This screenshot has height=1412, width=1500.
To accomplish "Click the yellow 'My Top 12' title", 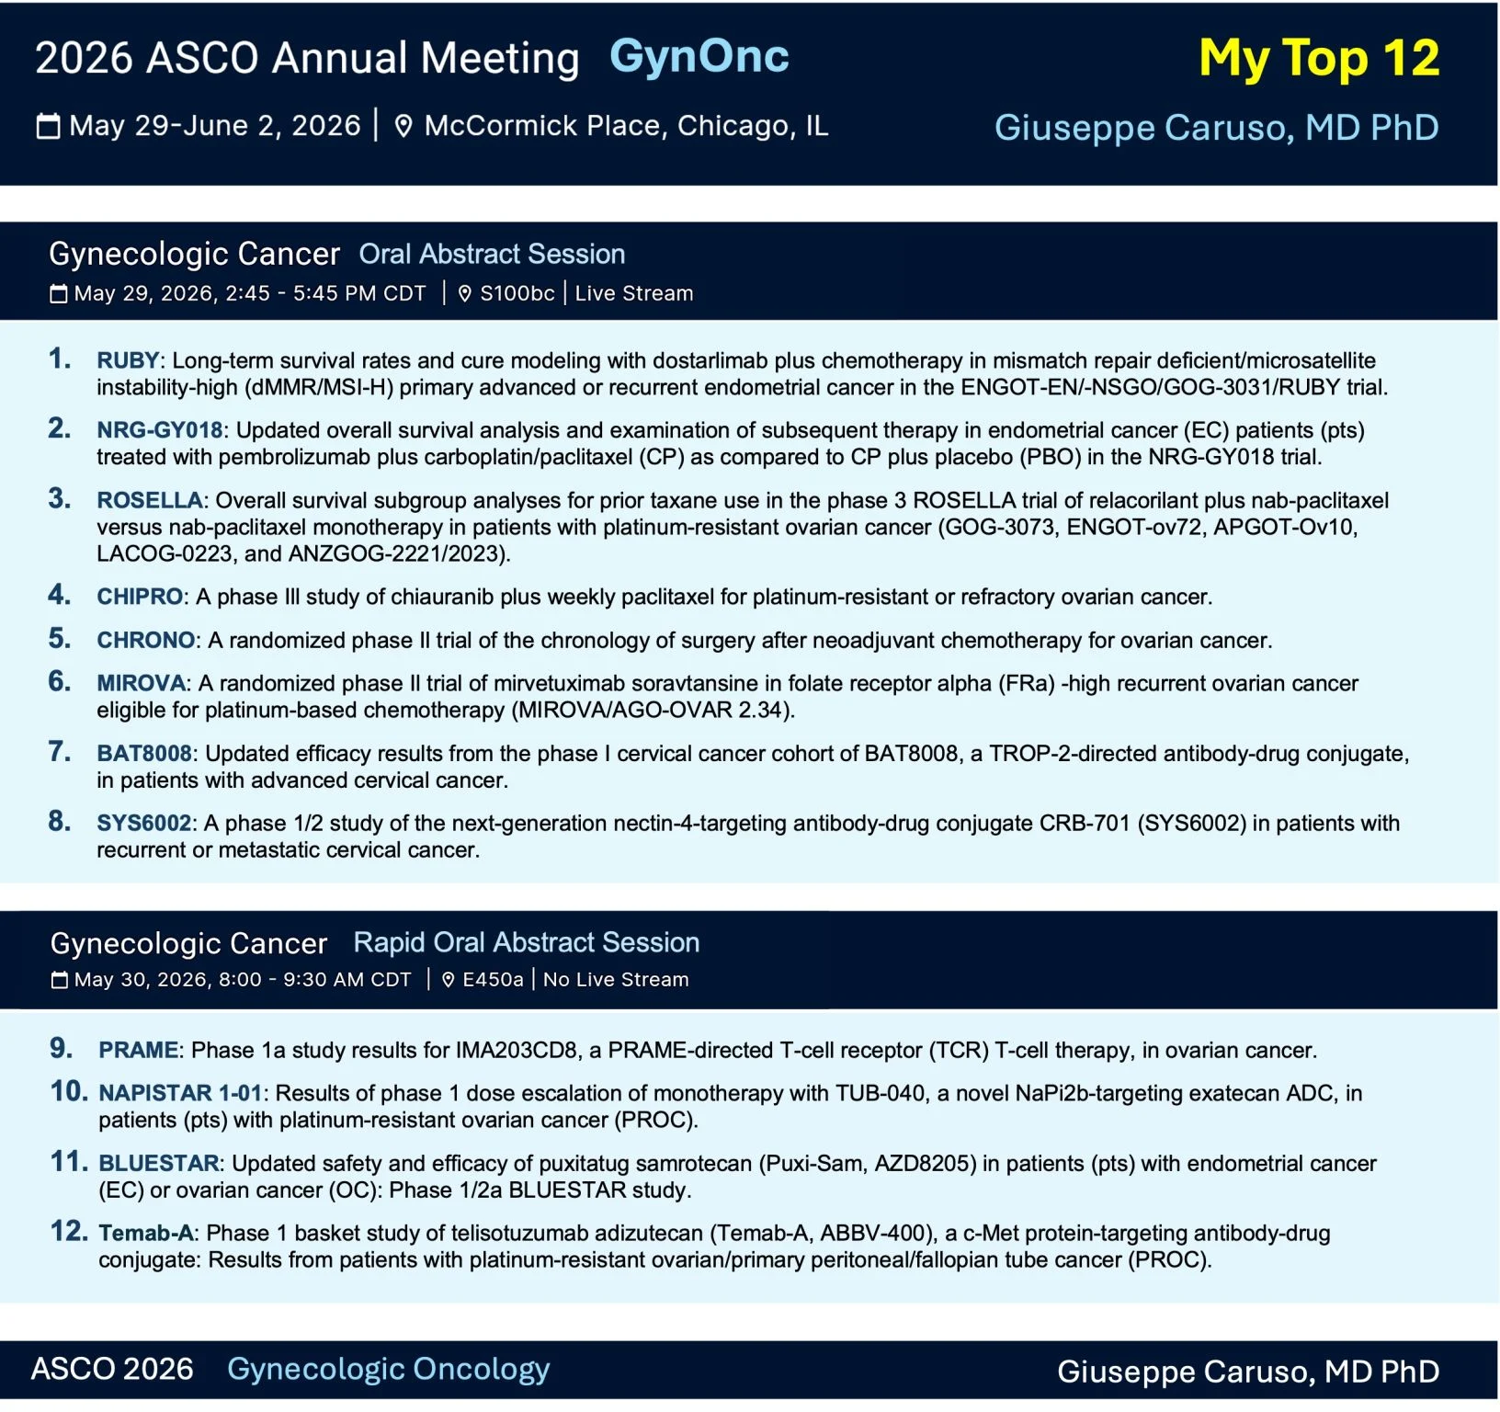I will click(x=1319, y=59).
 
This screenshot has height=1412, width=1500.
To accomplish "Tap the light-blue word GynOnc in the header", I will click(x=699, y=57).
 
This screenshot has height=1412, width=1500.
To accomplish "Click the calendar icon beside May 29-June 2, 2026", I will click(x=48, y=126).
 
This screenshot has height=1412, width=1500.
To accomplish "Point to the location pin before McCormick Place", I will click(x=403, y=126).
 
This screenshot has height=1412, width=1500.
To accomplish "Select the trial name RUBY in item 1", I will click(x=128, y=361).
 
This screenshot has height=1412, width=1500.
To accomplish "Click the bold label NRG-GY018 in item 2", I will click(x=160, y=431).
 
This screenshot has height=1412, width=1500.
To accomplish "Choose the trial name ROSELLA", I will click(x=150, y=501).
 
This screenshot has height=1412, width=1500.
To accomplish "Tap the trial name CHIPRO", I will click(x=140, y=598).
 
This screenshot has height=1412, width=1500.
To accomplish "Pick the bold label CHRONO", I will click(x=146, y=641).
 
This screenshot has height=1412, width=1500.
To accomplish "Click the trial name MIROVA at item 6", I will click(x=142, y=684).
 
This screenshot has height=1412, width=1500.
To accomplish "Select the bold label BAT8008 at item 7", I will click(x=144, y=754).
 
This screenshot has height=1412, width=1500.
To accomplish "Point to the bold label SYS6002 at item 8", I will click(x=144, y=824).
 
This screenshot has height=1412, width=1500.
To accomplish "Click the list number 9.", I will click(x=61, y=1049).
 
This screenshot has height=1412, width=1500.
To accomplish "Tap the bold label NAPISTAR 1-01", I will click(x=181, y=1094).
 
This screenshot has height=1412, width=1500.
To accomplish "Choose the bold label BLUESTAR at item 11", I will click(x=159, y=1164).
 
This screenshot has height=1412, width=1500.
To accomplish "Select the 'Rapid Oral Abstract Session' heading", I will click(x=527, y=943).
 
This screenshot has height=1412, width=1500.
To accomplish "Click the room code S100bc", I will click(x=517, y=294).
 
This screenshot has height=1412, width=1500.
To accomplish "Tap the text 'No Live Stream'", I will click(x=616, y=980).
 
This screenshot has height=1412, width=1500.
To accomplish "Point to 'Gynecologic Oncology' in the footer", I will click(x=388, y=1370).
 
